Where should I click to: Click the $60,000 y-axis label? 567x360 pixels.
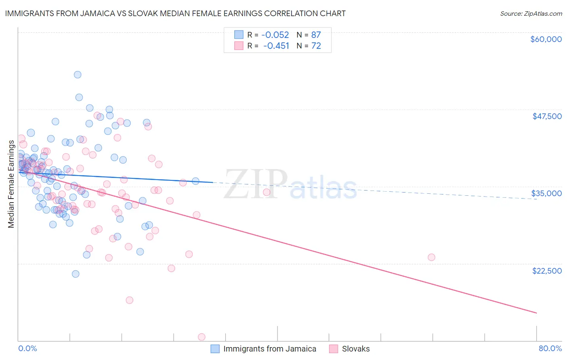pyautogui.click(x=546, y=39)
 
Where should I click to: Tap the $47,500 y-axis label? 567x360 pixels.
pyautogui.click(x=547, y=116)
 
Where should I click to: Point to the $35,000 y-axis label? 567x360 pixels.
pyautogui.click(x=546, y=193)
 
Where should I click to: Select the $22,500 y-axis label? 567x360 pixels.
pyautogui.click(x=547, y=271)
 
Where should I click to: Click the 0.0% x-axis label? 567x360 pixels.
pyautogui.click(x=27, y=348)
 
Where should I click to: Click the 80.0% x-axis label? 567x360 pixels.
pyautogui.click(x=550, y=348)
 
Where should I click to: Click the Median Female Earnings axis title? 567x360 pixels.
pyautogui.click(x=11, y=184)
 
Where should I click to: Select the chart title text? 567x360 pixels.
pyautogui.click(x=175, y=13)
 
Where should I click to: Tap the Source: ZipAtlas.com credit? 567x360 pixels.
pyautogui.click(x=531, y=13)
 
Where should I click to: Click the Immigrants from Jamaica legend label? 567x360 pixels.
pyautogui.click(x=270, y=349)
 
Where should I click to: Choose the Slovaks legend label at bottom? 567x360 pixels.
pyautogui.click(x=356, y=349)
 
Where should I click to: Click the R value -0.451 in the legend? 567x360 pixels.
pyautogui.click(x=276, y=46)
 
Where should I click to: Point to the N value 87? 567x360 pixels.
pyautogui.click(x=316, y=35)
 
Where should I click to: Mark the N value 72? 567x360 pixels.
pyautogui.click(x=316, y=46)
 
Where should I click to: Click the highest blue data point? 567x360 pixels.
pyautogui.click(x=77, y=75)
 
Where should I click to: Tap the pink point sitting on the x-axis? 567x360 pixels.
pyautogui.click(x=202, y=337)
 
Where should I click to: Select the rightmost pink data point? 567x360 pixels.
pyautogui.click(x=432, y=257)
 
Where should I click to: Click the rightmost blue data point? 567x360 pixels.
pyautogui.click(x=196, y=181)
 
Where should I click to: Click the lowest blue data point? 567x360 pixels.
pyautogui.click(x=75, y=274)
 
